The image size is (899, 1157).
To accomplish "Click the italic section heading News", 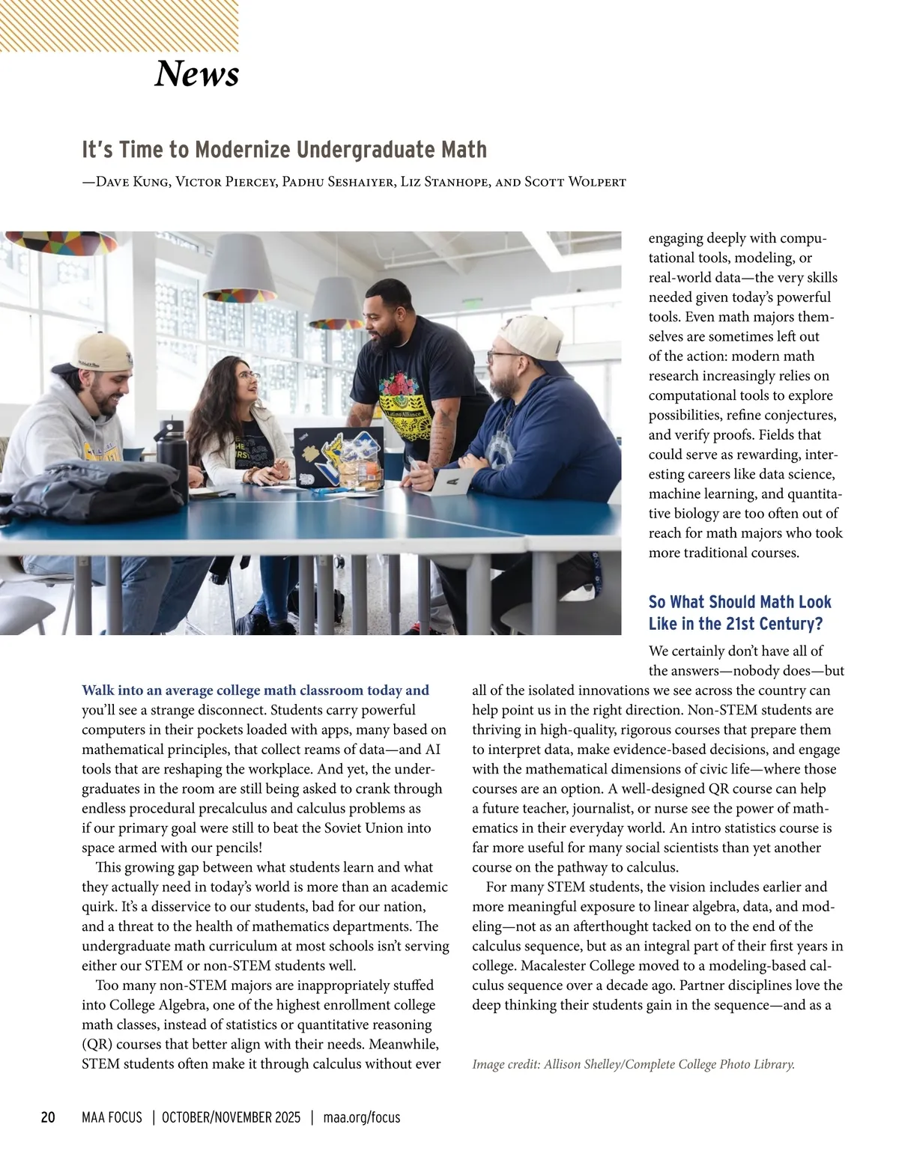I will pyautogui.click(x=196, y=73).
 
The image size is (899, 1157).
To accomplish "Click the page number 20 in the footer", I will pyautogui.click(x=48, y=1117).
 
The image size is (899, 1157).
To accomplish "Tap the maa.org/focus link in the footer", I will pyautogui.click(x=362, y=1117).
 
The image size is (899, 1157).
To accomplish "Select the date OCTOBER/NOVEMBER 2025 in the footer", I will pyautogui.click(x=231, y=1117).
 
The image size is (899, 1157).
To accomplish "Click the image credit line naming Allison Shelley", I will pyautogui.click(x=633, y=1063).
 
